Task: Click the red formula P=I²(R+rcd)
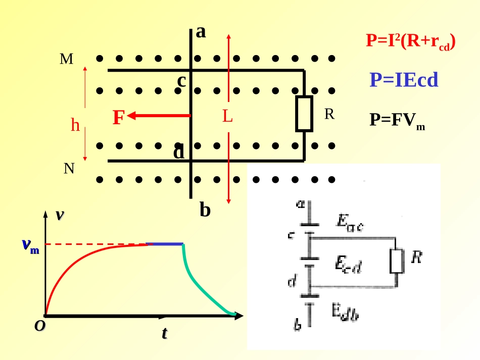411,41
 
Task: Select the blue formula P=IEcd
404,80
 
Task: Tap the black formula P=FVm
397,121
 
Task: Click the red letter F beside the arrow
119,117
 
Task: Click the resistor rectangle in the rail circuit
304,114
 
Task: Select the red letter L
227,116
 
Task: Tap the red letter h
75,125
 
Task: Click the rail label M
66,59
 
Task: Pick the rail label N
69,168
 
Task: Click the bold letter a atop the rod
201,32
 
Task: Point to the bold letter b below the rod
205,210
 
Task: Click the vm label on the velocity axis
31,245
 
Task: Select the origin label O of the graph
40,326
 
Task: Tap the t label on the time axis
165,333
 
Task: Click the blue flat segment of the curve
165,244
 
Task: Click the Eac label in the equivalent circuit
350,223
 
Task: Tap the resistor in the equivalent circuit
397,261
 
